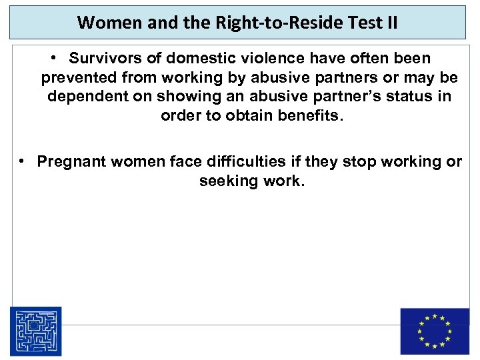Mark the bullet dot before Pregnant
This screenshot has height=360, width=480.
tap(23, 161)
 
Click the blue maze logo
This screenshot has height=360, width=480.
tap(35, 331)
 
